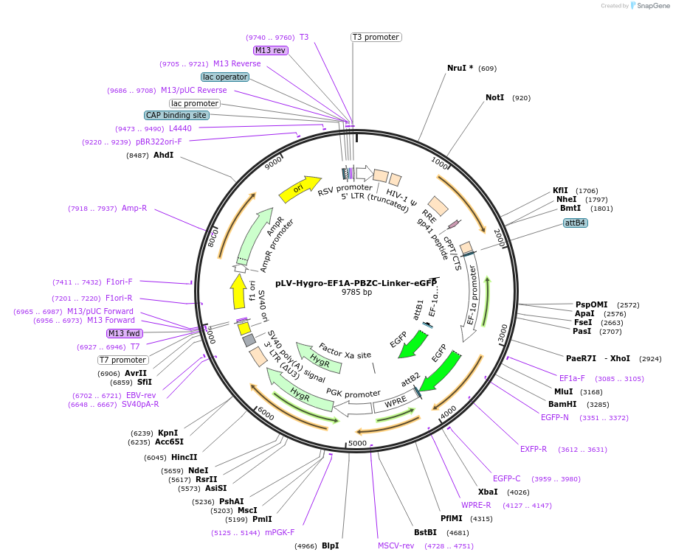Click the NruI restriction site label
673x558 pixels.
(x=460, y=68)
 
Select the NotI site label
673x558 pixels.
(x=495, y=97)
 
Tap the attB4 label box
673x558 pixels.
(x=575, y=223)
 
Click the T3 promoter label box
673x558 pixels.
(x=375, y=37)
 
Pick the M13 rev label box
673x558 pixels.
(x=270, y=50)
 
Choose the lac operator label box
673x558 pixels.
(x=225, y=77)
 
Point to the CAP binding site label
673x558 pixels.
(x=176, y=115)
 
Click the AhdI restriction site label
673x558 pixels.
(x=163, y=156)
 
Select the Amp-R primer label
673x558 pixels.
(x=134, y=209)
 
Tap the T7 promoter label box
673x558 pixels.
(x=123, y=360)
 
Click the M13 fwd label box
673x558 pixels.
(x=124, y=333)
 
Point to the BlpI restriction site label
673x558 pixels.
(x=330, y=545)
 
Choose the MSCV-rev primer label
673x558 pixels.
(x=396, y=545)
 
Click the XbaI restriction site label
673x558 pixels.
(x=488, y=492)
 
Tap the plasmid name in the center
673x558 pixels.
(x=356, y=282)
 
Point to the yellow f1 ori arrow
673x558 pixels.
(x=238, y=291)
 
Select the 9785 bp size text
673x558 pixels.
(x=356, y=293)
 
